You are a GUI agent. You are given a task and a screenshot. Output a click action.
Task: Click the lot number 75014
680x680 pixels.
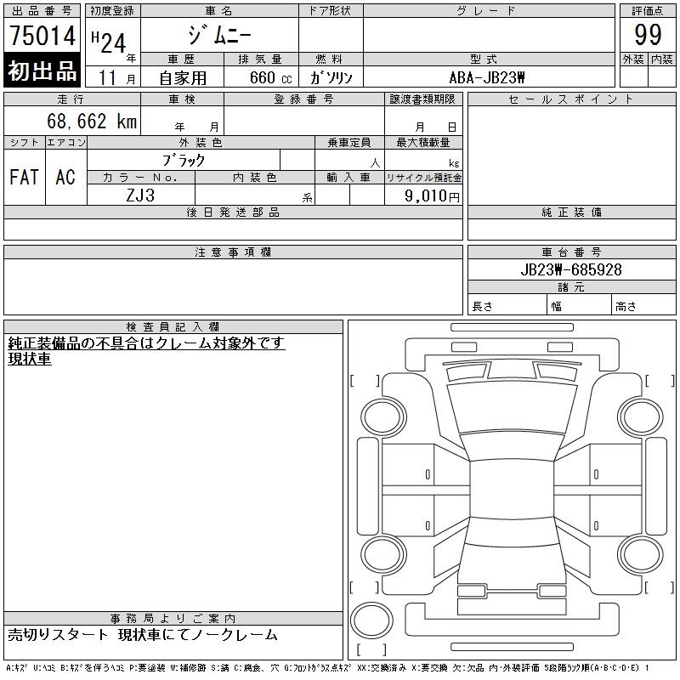click(x=42, y=35)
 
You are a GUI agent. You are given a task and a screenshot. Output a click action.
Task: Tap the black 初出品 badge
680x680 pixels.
click(x=42, y=71)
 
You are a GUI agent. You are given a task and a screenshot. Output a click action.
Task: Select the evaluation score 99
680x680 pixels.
click(x=648, y=35)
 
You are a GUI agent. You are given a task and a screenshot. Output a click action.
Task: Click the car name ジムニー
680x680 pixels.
click(x=219, y=35)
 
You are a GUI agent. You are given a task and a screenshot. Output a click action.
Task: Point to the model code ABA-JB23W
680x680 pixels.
click(x=487, y=77)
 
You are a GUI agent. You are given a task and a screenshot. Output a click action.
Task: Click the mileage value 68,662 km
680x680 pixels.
click(x=92, y=121)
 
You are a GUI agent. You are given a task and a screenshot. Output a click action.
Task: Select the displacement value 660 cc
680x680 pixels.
click(x=270, y=77)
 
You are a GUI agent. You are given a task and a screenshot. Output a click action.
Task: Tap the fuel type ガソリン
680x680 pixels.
click(x=331, y=77)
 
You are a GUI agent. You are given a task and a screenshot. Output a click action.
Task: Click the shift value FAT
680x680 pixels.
click(x=25, y=177)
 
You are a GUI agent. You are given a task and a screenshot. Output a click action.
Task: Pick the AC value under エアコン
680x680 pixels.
click(x=65, y=177)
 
